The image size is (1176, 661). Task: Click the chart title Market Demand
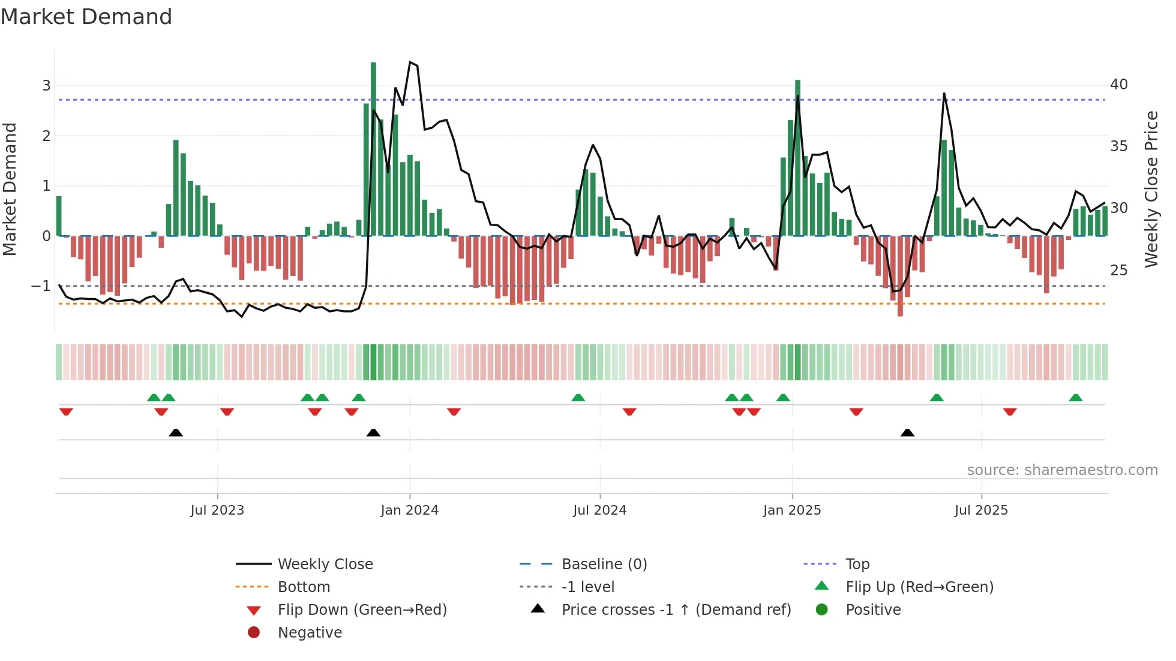pyautogui.click(x=86, y=17)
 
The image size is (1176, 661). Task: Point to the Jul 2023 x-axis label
pyautogui.click(x=217, y=510)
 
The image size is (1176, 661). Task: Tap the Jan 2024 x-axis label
pyautogui.click(x=410, y=510)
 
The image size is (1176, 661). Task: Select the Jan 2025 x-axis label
pyautogui.click(x=792, y=510)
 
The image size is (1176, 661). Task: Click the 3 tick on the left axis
pyautogui.click(x=46, y=86)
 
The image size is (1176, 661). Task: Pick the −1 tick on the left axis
pyautogui.click(x=41, y=286)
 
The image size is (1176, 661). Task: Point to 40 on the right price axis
pyautogui.click(x=1118, y=85)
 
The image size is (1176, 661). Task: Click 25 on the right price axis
pyautogui.click(x=1118, y=271)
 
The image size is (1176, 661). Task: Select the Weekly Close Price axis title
pyautogui.click(x=1151, y=189)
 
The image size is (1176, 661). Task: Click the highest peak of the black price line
pyautogui.click(x=410, y=62)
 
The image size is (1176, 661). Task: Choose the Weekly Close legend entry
pyautogui.click(x=325, y=564)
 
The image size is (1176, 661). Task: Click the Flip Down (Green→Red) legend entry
pyautogui.click(x=362, y=610)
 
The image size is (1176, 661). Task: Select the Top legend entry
pyautogui.click(x=857, y=564)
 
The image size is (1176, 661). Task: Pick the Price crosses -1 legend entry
pyautogui.click(x=676, y=610)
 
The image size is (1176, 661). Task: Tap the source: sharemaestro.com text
pyautogui.click(x=1062, y=470)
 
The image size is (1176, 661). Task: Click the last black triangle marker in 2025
pyautogui.click(x=907, y=432)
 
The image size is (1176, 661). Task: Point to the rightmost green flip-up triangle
pyautogui.click(x=1075, y=398)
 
